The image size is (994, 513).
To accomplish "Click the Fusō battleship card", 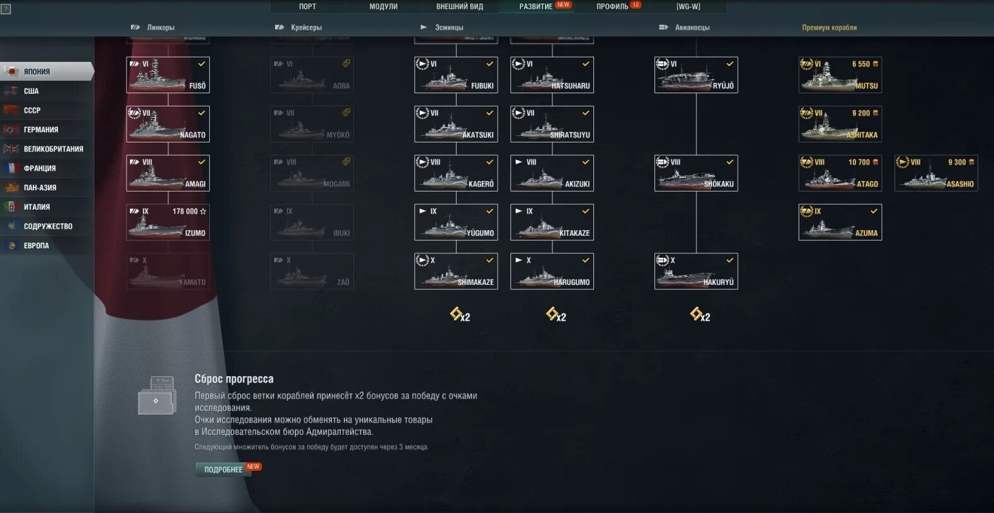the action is pyautogui.click(x=168, y=75).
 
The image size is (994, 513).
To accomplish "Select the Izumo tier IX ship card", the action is pyautogui.click(x=168, y=222).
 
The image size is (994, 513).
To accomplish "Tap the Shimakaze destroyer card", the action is pyautogui.click(x=456, y=272).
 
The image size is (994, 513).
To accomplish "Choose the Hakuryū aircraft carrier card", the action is pyautogui.click(x=696, y=272).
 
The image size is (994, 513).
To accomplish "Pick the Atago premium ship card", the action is pyautogui.click(x=840, y=173).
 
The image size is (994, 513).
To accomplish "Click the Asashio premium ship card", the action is pyautogui.click(x=936, y=173).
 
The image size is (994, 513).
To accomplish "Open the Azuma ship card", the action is pyautogui.click(x=840, y=222).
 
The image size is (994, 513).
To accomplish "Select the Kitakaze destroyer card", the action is pyautogui.click(x=552, y=222).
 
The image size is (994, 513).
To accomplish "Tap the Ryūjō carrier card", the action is pyautogui.click(x=696, y=75).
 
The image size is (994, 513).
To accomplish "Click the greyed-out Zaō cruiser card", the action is pyautogui.click(x=312, y=272).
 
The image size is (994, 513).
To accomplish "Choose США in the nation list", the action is pyautogui.click(x=31, y=91).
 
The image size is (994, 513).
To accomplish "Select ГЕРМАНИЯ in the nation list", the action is pyautogui.click(x=41, y=130).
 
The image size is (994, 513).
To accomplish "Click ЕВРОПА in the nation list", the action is pyautogui.click(x=37, y=246).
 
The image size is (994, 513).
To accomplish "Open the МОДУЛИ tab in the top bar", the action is pyautogui.click(x=383, y=7).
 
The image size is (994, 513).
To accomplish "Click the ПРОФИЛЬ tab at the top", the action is pyautogui.click(x=612, y=7).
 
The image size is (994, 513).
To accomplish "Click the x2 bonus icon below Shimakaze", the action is pyautogui.click(x=459, y=314).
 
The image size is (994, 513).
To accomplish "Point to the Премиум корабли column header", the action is pyautogui.click(x=829, y=28).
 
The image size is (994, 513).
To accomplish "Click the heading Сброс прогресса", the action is pyautogui.click(x=234, y=379).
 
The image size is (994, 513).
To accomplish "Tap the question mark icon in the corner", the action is pyautogui.click(x=6, y=9).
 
